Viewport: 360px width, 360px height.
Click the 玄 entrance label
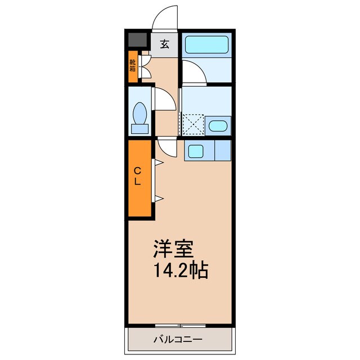164,44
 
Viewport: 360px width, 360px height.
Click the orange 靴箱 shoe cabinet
132,66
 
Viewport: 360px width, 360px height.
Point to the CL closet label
137,176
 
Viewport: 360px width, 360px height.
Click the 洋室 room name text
174,249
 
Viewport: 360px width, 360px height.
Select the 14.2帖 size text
181,270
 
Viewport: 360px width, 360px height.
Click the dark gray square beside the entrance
136,40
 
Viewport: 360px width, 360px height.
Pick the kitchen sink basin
196,150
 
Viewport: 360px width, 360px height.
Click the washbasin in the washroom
217,125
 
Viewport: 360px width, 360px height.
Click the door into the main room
167,147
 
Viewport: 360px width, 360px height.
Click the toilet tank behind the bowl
139,128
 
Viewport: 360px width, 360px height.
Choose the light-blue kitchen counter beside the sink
223,150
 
